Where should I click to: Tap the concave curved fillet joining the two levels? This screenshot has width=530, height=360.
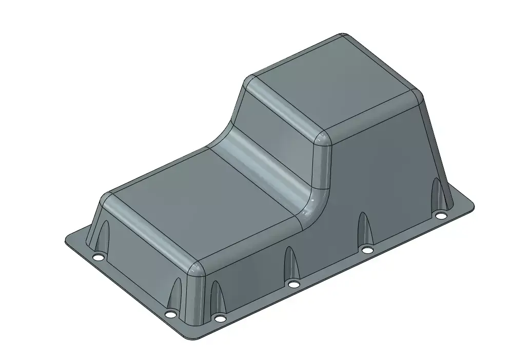[x=267, y=164]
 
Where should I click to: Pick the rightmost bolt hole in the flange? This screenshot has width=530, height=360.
[x=441, y=215]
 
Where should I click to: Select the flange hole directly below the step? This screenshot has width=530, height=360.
[x=293, y=284]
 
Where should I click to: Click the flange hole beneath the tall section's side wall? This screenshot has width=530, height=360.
[x=367, y=250]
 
